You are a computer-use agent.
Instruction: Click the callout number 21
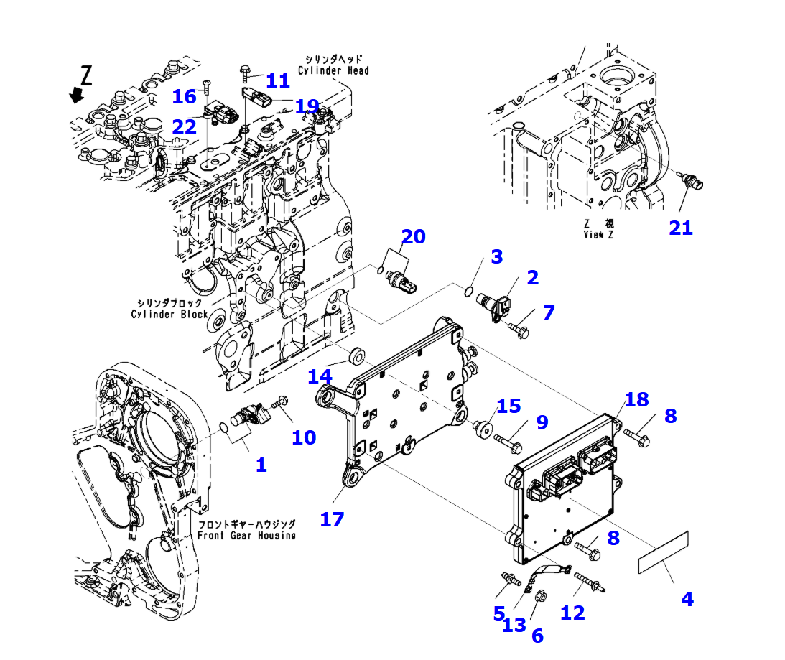pyautogui.click(x=680, y=228)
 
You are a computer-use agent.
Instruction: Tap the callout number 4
pyautogui.click(x=687, y=598)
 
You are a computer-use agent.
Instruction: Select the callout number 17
pyautogui.click(x=332, y=519)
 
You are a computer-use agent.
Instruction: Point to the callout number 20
pyautogui.click(x=413, y=236)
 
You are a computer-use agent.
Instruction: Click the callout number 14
pyautogui.click(x=320, y=376)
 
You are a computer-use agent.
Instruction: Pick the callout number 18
pyautogui.click(x=636, y=399)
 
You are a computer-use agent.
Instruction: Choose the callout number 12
pyautogui.click(x=572, y=612)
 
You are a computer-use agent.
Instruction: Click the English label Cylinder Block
pyautogui.click(x=169, y=314)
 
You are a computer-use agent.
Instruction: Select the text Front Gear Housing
pyautogui.click(x=246, y=536)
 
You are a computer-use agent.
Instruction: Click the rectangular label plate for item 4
pyautogui.click(x=664, y=552)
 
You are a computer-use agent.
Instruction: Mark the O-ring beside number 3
pyautogui.click(x=468, y=291)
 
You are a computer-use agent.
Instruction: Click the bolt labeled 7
pyautogui.click(x=519, y=330)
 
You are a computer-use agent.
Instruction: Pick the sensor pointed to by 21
pyautogui.click(x=692, y=182)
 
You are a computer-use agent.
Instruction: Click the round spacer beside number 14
pyautogui.click(x=354, y=355)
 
